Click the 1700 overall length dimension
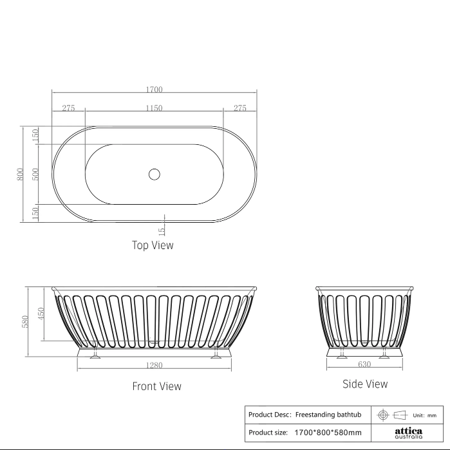point(154,89)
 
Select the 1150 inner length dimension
point(154,108)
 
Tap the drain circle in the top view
point(155,174)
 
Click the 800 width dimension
point(20,174)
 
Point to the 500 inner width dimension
point(35,174)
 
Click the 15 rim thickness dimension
point(162,230)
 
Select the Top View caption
point(153,245)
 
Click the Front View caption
point(156,386)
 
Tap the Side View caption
point(365,384)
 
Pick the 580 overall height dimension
point(25,321)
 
